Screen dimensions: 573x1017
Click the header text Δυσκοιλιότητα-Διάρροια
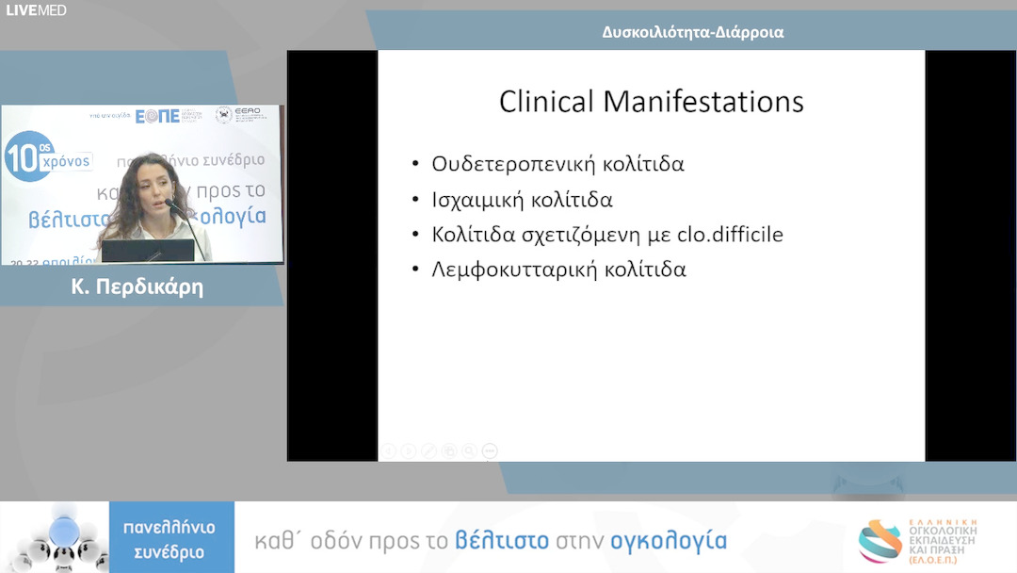693,32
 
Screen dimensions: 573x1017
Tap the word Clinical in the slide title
547,101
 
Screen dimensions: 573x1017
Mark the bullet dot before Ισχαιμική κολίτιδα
416,200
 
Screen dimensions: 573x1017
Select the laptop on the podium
148,251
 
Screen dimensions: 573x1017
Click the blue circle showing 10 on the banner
27,156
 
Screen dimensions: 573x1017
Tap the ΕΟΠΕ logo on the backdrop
157,116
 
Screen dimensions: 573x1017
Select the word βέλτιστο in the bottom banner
502,541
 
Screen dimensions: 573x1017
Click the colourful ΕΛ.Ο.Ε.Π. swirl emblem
880,541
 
